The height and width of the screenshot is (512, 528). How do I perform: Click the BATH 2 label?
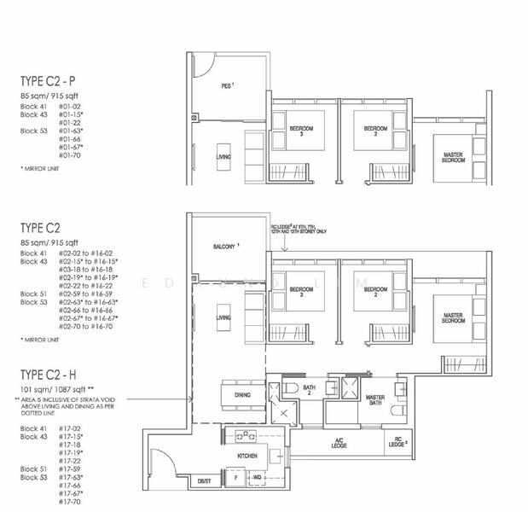[x=309, y=391]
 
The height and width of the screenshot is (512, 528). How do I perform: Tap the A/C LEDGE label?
[x=339, y=444]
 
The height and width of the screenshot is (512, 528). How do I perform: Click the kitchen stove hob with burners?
[x=248, y=436]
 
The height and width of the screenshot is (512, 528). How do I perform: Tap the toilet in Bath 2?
[x=287, y=388]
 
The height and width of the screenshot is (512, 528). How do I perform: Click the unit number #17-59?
[x=70, y=468]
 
